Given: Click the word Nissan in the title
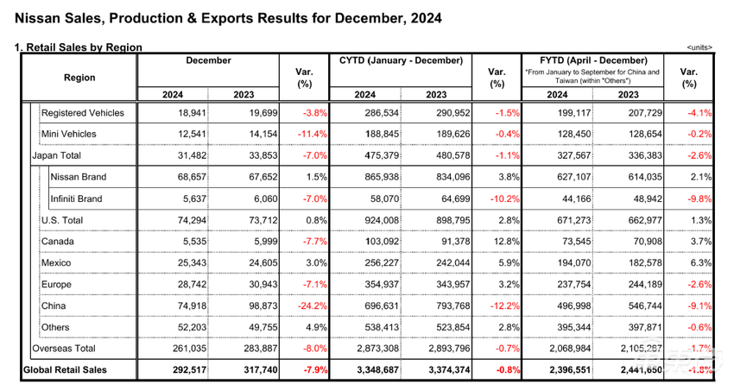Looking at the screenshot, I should tap(36, 16).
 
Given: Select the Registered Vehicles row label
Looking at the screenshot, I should tap(83, 113).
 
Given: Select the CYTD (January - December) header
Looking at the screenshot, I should tap(401, 60).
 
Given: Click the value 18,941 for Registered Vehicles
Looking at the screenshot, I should tap(176, 113).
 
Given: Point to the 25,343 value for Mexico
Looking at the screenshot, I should tap(176, 262).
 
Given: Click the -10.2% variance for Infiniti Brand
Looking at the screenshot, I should tap(503, 198).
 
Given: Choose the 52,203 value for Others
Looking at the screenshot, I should tap(176, 327).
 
